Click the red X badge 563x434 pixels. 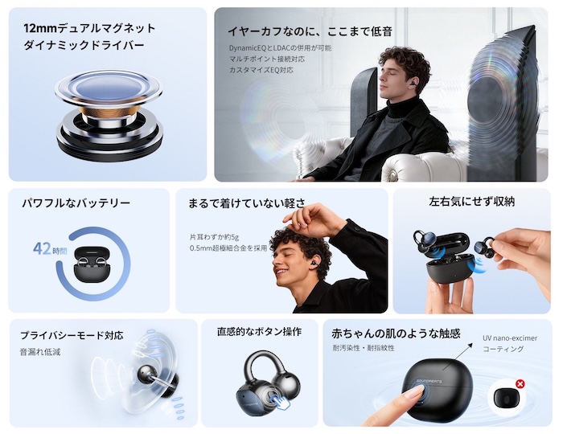520,384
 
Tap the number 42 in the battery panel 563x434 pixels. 42,248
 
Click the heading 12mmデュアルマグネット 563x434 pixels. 89,28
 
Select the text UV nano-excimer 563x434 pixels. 510,338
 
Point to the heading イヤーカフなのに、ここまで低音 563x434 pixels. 310,31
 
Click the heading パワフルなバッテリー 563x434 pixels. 76,203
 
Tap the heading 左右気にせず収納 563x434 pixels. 472,201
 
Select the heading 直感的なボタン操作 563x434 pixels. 259,332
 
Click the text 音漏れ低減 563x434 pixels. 40,352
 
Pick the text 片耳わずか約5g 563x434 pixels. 214,237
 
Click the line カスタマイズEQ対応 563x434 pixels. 261,70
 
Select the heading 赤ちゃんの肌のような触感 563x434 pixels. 396,334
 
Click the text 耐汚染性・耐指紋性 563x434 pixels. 364,348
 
